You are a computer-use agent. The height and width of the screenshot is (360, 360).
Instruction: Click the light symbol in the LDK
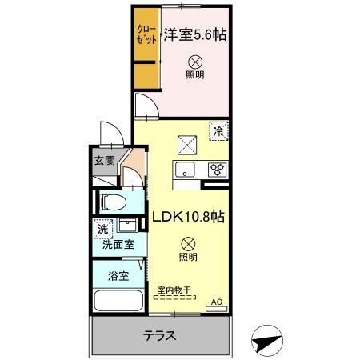click(x=186, y=242)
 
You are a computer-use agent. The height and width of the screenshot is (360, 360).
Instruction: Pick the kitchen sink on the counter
click(x=185, y=170)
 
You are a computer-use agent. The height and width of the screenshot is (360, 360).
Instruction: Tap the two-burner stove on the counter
click(x=216, y=170)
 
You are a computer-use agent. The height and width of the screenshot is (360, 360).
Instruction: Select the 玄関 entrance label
click(x=104, y=160)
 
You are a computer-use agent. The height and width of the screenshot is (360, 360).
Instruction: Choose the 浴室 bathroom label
click(x=118, y=276)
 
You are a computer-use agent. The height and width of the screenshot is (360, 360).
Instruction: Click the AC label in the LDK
click(x=214, y=302)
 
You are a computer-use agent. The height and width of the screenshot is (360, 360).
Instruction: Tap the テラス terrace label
click(x=160, y=335)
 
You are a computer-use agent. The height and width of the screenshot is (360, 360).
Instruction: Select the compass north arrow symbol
click(x=267, y=339)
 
